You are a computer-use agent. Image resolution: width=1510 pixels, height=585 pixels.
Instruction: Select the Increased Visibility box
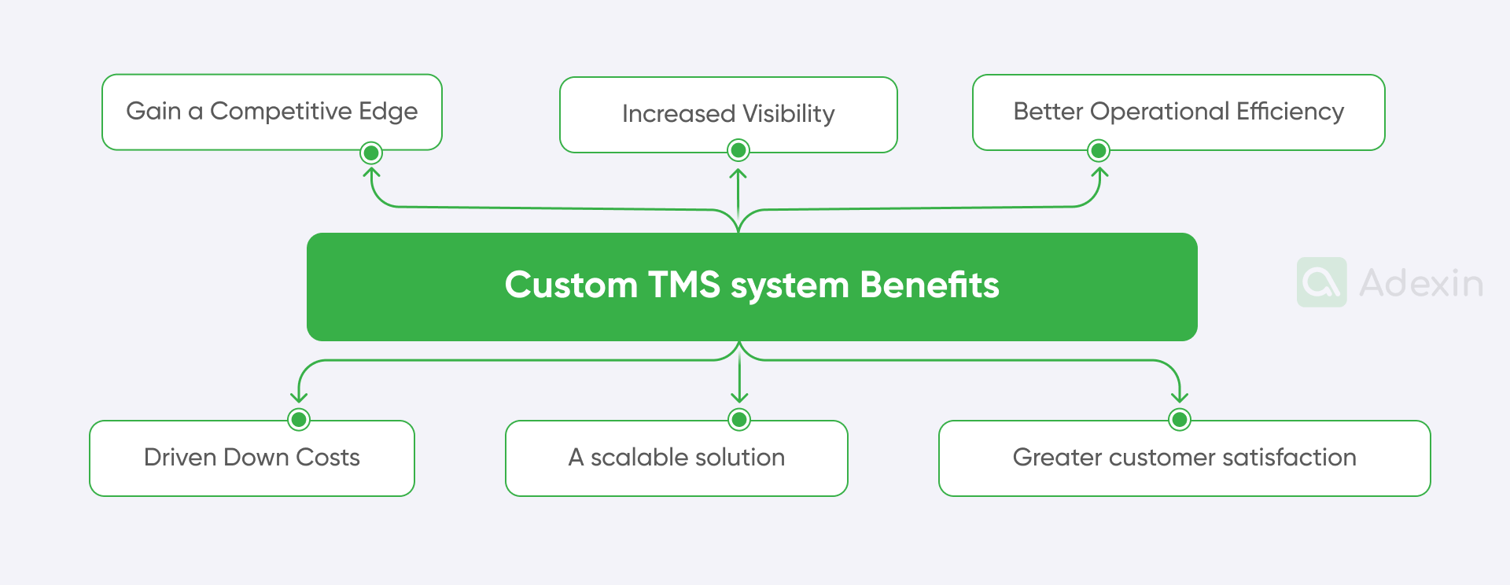coord(728,114)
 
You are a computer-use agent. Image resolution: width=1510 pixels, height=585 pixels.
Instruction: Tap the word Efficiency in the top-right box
coord(1290,112)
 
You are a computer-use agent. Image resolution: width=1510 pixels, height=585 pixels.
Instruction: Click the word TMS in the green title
coord(683,285)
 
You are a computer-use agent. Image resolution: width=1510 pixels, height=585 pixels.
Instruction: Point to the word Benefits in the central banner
coord(929,285)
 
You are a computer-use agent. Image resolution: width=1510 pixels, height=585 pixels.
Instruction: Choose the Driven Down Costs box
coord(252,458)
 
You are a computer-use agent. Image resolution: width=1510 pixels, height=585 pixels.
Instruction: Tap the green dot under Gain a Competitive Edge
coord(371,153)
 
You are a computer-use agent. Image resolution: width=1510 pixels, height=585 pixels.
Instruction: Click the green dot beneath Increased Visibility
coord(738,149)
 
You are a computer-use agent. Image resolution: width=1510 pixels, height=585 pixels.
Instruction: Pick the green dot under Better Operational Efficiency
coord(1099,150)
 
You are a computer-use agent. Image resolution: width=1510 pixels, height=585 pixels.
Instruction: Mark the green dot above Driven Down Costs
coord(299,419)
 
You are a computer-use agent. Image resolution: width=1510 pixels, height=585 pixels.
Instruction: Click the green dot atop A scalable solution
coord(739,419)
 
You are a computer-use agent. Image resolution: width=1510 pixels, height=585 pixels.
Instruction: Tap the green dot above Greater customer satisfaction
coord(1179,419)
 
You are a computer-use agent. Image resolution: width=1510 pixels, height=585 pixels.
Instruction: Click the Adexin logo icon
coord(1321,282)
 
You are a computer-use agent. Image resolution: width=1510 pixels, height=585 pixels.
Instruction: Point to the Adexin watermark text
coord(1421,283)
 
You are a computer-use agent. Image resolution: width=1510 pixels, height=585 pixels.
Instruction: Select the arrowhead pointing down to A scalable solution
coord(739,397)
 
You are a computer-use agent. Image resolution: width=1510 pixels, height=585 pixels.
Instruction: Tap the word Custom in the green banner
coord(571,285)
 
